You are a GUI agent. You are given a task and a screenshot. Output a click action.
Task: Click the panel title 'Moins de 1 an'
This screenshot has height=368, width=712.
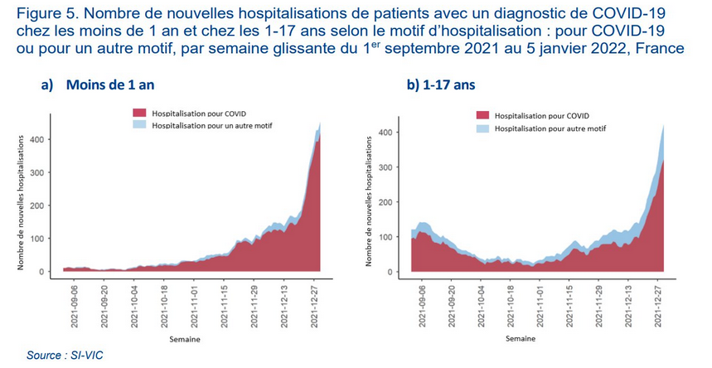(110, 85)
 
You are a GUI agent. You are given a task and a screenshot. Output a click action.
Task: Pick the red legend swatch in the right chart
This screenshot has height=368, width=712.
(482, 116)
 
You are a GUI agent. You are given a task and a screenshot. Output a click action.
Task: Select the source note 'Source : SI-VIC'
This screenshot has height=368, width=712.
(65, 356)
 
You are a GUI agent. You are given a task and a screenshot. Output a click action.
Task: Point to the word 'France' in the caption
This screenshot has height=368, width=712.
(661, 47)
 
